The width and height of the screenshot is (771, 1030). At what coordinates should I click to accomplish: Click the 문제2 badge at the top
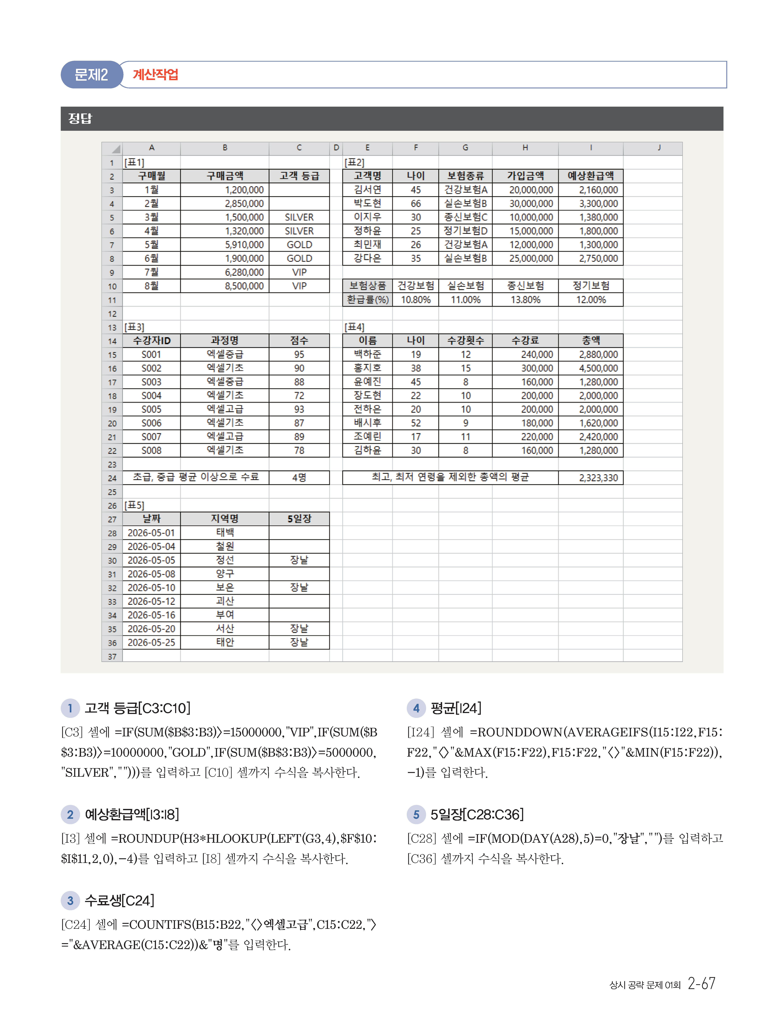[91, 75]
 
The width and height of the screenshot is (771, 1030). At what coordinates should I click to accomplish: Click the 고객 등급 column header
[299, 176]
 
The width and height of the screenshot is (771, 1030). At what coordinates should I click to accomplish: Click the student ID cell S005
[151, 409]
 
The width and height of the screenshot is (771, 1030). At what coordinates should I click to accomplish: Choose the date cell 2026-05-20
[151, 629]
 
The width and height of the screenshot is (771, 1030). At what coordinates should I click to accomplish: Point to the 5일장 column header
[299, 519]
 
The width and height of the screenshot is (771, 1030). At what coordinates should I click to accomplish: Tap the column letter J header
[659, 148]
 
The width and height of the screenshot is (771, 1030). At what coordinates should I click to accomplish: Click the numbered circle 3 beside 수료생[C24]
[70, 901]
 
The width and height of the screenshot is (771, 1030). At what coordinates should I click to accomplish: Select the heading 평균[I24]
[456, 708]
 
